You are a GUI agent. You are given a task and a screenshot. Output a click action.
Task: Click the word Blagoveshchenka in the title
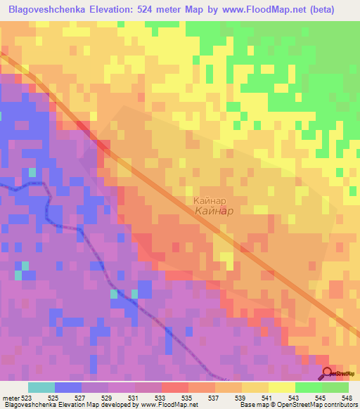click(x=48, y=8)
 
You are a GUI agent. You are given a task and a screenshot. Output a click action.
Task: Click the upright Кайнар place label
click(x=209, y=200)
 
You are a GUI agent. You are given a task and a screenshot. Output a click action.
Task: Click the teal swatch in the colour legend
click(x=41, y=387)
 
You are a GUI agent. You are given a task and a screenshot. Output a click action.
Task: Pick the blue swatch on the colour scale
click(x=68, y=387)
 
